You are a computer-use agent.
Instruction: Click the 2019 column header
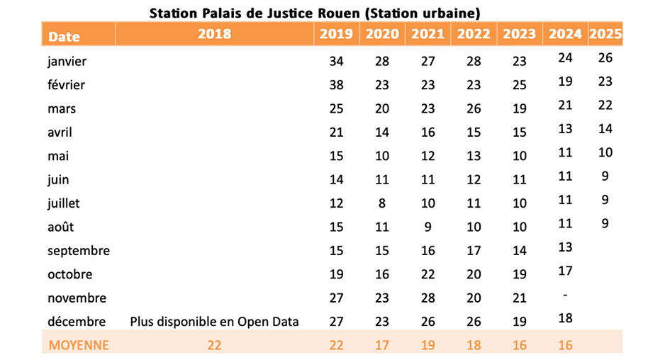(336, 34)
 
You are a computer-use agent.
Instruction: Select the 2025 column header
(605, 34)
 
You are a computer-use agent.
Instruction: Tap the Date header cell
(64, 37)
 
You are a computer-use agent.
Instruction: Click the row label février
(66, 85)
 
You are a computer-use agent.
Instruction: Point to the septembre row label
(79, 251)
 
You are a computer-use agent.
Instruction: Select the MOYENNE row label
(79, 345)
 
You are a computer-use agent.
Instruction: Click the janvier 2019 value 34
(336, 61)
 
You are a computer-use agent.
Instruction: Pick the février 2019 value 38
(336, 85)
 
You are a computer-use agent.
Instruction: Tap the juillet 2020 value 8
(382, 203)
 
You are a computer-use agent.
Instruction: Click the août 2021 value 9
(428, 227)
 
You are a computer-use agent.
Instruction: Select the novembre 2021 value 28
(428, 298)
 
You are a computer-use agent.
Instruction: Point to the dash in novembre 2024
(565, 295)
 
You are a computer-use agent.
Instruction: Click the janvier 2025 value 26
(605, 57)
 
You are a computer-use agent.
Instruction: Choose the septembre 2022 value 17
(474, 251)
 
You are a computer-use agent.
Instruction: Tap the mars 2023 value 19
(520, 108)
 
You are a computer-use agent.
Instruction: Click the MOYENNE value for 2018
(214, 345)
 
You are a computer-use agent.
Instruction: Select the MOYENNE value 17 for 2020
(382, 345)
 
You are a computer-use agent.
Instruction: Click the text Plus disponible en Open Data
(214, 322)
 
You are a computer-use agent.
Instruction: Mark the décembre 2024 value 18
(565, 318)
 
